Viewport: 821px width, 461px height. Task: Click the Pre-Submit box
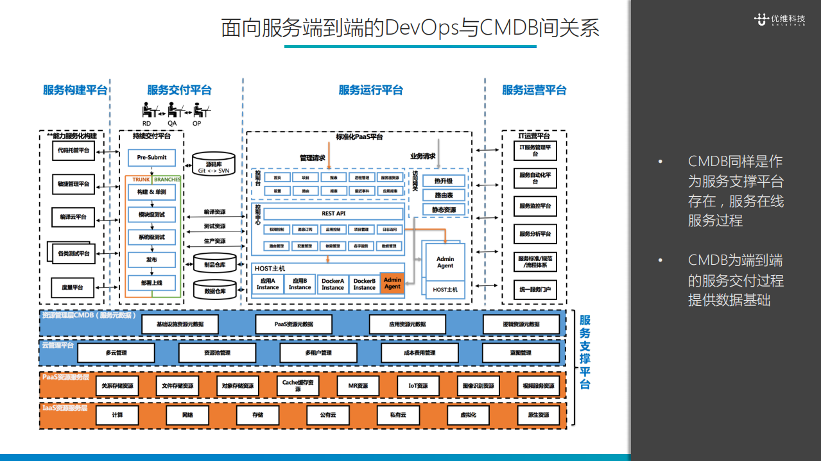pyautogui.click(x=151, y=157)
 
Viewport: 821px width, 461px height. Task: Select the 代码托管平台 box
pyautogui.click(x=73, y=151)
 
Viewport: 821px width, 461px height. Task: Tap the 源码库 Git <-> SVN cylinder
pyautogui.click(x=214, y=166)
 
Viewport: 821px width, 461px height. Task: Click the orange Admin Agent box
pyautogui.click(x=392, y=283)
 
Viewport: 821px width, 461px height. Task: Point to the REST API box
pyautogui.click(x=333, y=214)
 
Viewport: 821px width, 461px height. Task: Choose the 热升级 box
pyautogui.click(x=444, y=181)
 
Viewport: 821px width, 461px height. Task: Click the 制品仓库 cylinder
pyautogui.click(x=214, y=264)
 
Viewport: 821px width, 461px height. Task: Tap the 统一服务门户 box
pyautogui.click(x=535, y=290)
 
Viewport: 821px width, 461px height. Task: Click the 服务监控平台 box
pyautogui.click(x=535, y=206)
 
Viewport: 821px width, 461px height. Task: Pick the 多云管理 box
pyautogui.click(x=116, y=353)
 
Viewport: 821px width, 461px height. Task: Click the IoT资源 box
pyautogui.click(x=418, y=386)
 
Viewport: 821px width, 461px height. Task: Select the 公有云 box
pyautogui.click(x=328, y=415)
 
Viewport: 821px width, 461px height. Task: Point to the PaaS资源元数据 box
pyautogui.click(x=293, y=324)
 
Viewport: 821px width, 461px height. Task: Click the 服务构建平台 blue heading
pyautogui.click(x=75, y=90)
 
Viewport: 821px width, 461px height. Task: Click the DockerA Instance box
pyautogui.click(x=333, y=284)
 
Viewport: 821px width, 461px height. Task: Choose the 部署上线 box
pyautogui.click(x=151, y=283)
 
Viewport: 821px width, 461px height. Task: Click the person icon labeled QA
pyautogui.click(x=172, y=110)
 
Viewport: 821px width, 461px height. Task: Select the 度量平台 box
pyautogui.click(x=73, y=287)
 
